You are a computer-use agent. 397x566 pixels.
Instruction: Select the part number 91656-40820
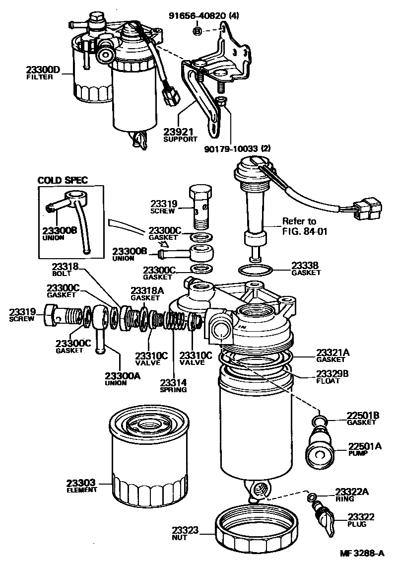210,15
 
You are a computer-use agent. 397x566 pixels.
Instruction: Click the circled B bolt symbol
197,31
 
